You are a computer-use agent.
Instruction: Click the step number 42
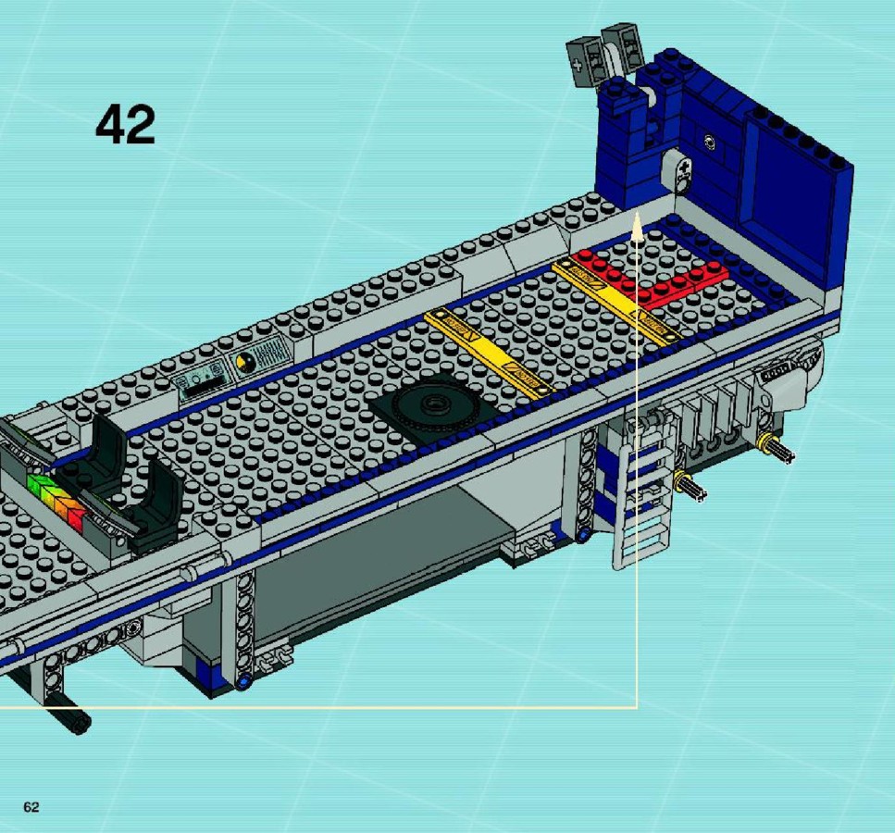[125, 124]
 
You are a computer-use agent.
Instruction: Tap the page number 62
[31, 807]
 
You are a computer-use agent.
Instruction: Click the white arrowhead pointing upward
[637, 226]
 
